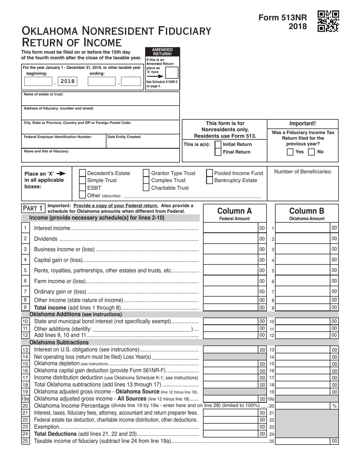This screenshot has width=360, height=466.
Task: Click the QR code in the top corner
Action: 328,21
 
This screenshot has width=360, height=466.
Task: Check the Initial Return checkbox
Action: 218,144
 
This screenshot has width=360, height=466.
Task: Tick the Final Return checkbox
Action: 218,152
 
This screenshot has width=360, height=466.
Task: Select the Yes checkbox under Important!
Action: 290,152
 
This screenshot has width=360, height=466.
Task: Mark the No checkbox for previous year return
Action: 311,152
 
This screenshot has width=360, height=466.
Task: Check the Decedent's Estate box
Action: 82,173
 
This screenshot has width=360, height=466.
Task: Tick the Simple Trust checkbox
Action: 82,180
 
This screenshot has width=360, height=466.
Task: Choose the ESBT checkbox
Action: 82,188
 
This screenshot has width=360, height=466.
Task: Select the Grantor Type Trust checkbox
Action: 146,173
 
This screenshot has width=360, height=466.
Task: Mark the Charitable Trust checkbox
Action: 146,188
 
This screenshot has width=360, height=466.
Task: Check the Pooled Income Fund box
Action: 210,173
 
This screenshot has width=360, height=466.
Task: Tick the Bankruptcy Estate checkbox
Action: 210,180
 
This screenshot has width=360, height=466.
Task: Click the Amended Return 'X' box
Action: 171,72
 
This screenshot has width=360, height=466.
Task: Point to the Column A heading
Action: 235,211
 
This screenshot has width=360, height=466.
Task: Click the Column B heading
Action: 307,211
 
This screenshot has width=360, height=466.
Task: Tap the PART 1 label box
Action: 33,208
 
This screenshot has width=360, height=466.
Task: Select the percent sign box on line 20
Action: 334,406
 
